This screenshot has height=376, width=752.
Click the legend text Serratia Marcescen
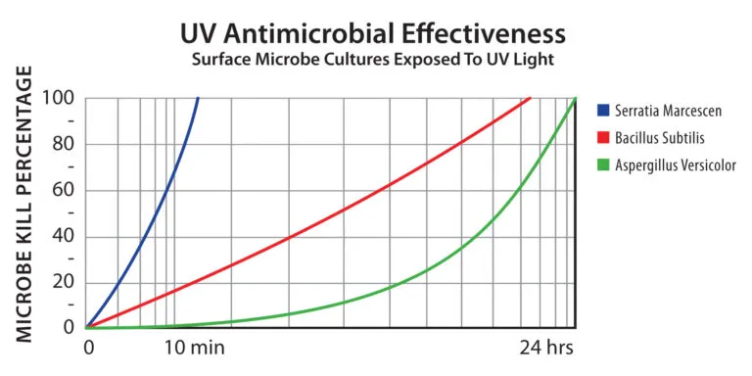click(667, 112)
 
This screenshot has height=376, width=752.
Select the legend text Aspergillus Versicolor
click(676, 164)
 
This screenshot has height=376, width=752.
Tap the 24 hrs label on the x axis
click(545, 348)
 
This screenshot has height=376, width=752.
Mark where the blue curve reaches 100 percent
click(199, 98)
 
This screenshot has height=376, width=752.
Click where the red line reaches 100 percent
click(531, 98)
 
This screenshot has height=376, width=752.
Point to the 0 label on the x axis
click(89, 348)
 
